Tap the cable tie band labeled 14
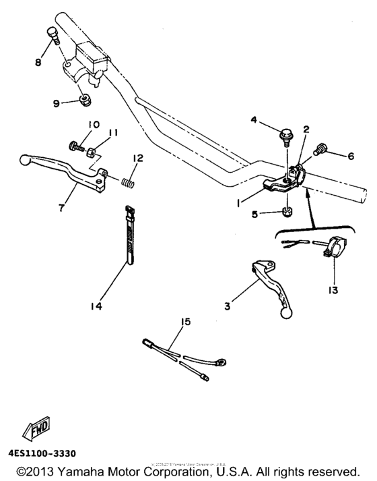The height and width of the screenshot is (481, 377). click(x=127, y=233)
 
